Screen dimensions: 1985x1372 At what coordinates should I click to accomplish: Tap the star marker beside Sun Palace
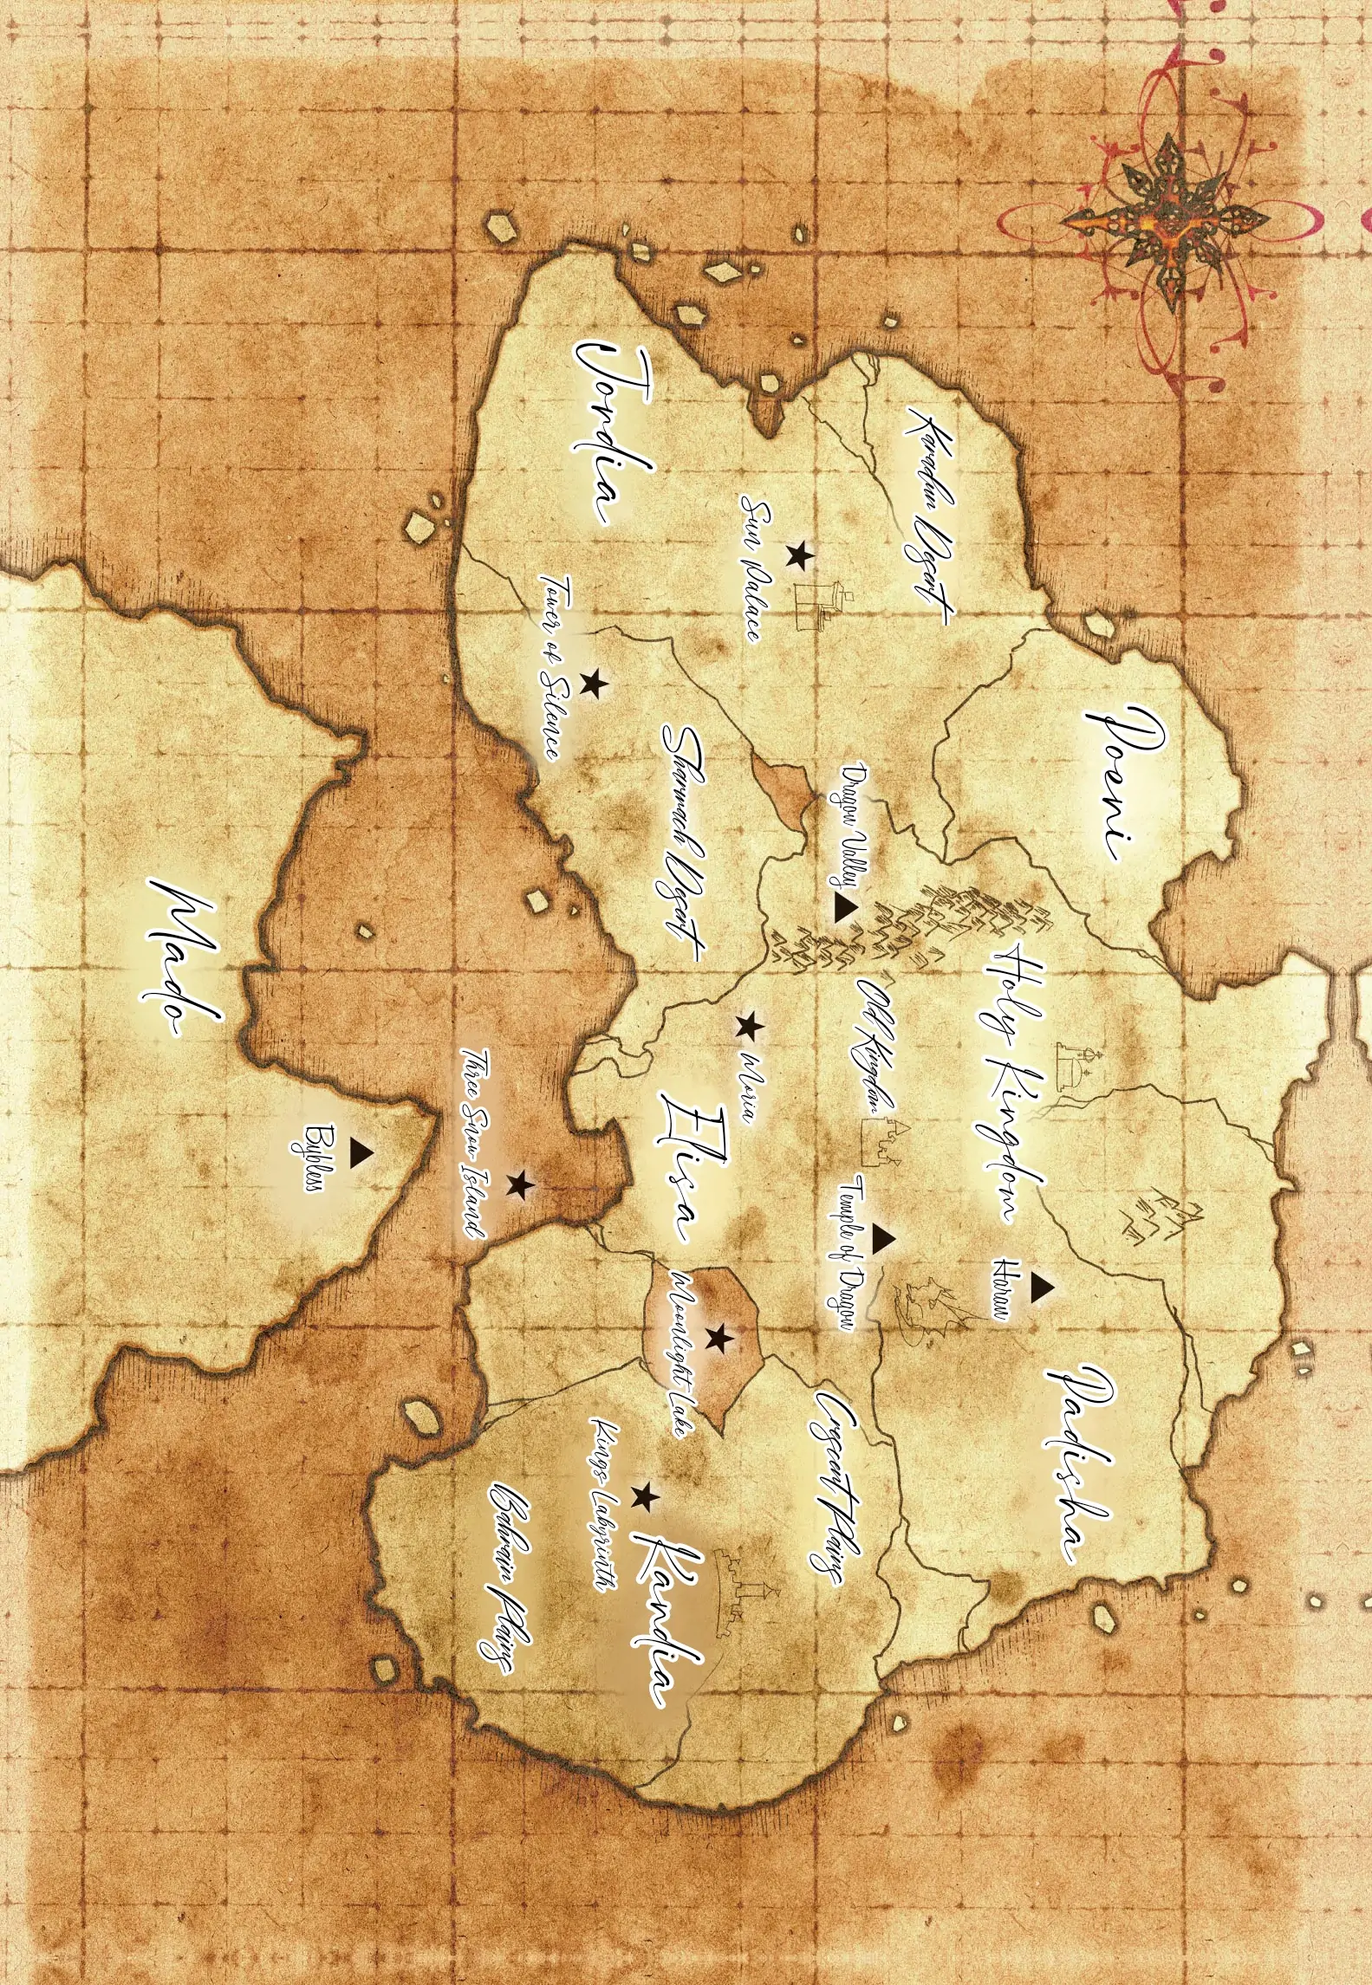click(798, 555)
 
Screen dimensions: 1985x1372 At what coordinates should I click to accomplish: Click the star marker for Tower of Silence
click(594, 684)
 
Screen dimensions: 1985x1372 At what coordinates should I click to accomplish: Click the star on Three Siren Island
click(520, 1185)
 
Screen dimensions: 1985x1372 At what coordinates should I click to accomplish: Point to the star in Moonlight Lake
click(719, 1338)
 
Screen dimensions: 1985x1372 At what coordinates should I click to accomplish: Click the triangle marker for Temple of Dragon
click(882, 1239)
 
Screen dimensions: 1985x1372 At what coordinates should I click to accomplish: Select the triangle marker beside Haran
click(1041, 1288)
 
